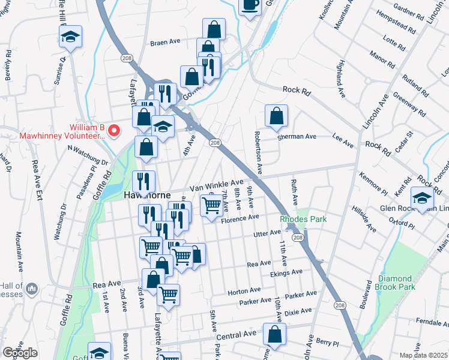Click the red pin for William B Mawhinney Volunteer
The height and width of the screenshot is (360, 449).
(x=118, y=131)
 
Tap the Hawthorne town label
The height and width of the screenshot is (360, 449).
(x=147, y=196)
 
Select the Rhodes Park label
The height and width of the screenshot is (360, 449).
(x=304, y=219)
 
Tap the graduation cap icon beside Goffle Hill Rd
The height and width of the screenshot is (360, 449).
(x=70, y=37)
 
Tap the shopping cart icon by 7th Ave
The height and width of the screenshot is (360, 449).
(x=211, y=205)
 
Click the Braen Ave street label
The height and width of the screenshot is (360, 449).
(x=165, y=43)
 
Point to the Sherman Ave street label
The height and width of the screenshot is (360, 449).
(x=297, y=137)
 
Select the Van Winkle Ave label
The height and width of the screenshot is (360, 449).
(x=217, y=185)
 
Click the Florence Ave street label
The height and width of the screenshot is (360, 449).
(x=239, y=220)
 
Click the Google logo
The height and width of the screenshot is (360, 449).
(x=20, y=353)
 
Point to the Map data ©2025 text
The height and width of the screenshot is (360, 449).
(x=423, y=355)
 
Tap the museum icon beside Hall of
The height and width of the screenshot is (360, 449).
(x=32, y=290)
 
